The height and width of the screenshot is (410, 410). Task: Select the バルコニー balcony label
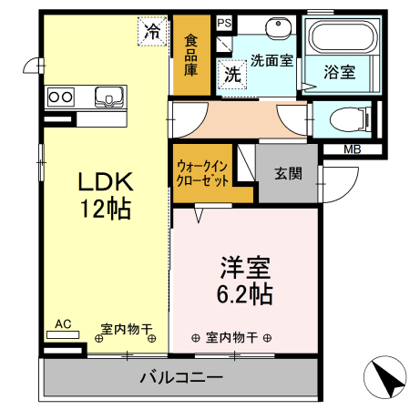click(181, 376)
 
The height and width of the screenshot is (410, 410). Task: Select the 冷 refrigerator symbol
click(152, 32)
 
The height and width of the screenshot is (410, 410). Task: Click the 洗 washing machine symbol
click(233, 76)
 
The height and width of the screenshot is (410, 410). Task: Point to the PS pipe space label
click(224, 21)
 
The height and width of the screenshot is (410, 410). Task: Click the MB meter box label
click(351, 149)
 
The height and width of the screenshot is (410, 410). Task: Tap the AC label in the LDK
click(63, 323)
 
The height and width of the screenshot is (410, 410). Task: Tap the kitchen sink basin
click(106, 96)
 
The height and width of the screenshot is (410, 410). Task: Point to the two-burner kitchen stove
click(62, 96)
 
